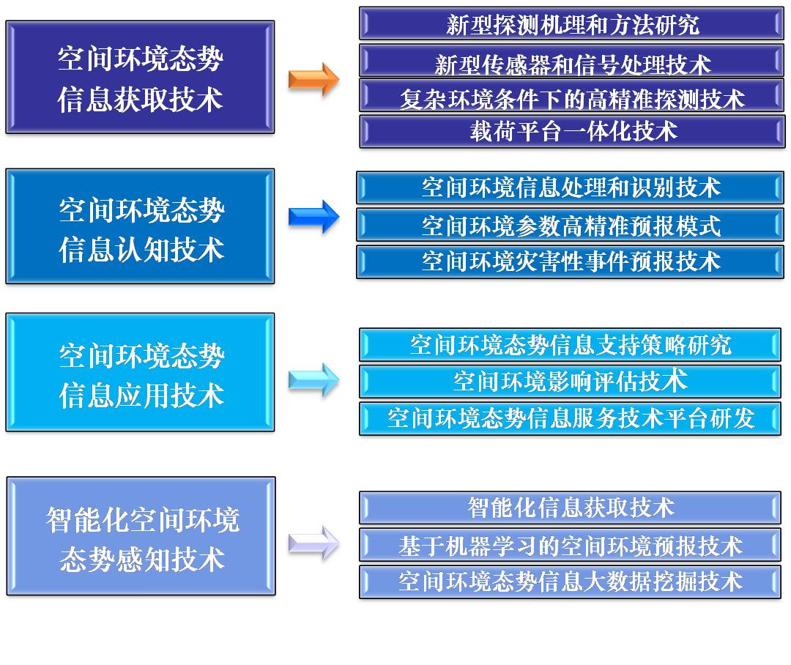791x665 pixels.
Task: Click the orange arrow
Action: coord(313,80)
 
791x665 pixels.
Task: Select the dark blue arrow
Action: coord(313,217)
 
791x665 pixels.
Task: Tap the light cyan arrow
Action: coord(313,380)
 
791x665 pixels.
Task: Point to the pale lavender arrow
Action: coord(313,543)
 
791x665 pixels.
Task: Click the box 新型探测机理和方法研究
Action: coord(571,23)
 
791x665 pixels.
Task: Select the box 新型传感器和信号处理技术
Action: coord(571,61)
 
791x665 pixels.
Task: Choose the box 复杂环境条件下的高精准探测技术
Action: coord(571,95)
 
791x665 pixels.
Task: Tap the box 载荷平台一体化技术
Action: coord(572,132)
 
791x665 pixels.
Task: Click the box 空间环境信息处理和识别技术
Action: coord(570,187)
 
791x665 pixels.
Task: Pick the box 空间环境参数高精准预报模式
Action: coord(570,225)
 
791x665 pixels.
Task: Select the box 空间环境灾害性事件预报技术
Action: coord(570,262)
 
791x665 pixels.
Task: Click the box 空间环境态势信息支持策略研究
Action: coord(570,345)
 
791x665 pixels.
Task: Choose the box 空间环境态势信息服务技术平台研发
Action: coord(570,419)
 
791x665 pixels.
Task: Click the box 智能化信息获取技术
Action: coord(570,508)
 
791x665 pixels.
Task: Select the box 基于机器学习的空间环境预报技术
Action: coord(570,546)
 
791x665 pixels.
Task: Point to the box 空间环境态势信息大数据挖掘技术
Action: coord(570,582)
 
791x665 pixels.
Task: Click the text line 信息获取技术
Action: coord(140,99)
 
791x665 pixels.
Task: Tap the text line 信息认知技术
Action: coord(141,250)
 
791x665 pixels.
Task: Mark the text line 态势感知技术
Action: coord(142,560)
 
